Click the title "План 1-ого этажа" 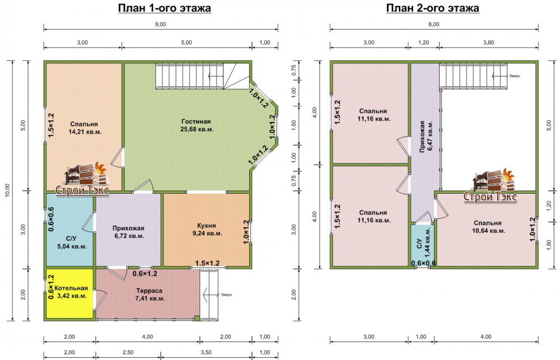coord(165,8)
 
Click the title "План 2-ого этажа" coord(432,8)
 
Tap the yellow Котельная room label coord(72,292)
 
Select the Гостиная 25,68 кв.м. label coord(197,125)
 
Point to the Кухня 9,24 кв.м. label coord(207,230)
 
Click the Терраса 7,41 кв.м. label coord(150,294)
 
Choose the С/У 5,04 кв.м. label coord(72,242)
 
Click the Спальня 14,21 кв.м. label coord(85,128)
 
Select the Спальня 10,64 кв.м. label coord(488,227)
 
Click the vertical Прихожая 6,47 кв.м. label coord(426,136)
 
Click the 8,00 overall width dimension coord(434,24)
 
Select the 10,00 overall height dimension coord(8,190)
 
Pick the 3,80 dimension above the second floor coord(488,43)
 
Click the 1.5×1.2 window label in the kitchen coord(207,263)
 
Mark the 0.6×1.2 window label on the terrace coord(145,274)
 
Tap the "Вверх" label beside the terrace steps coord(226,295)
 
